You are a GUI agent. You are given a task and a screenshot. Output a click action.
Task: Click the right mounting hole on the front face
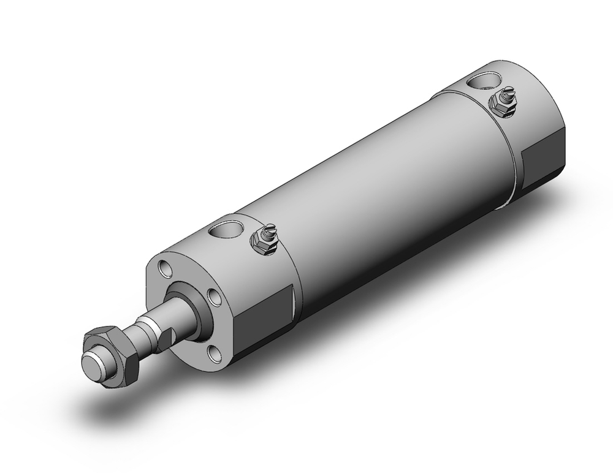click(x=215, y=298)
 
